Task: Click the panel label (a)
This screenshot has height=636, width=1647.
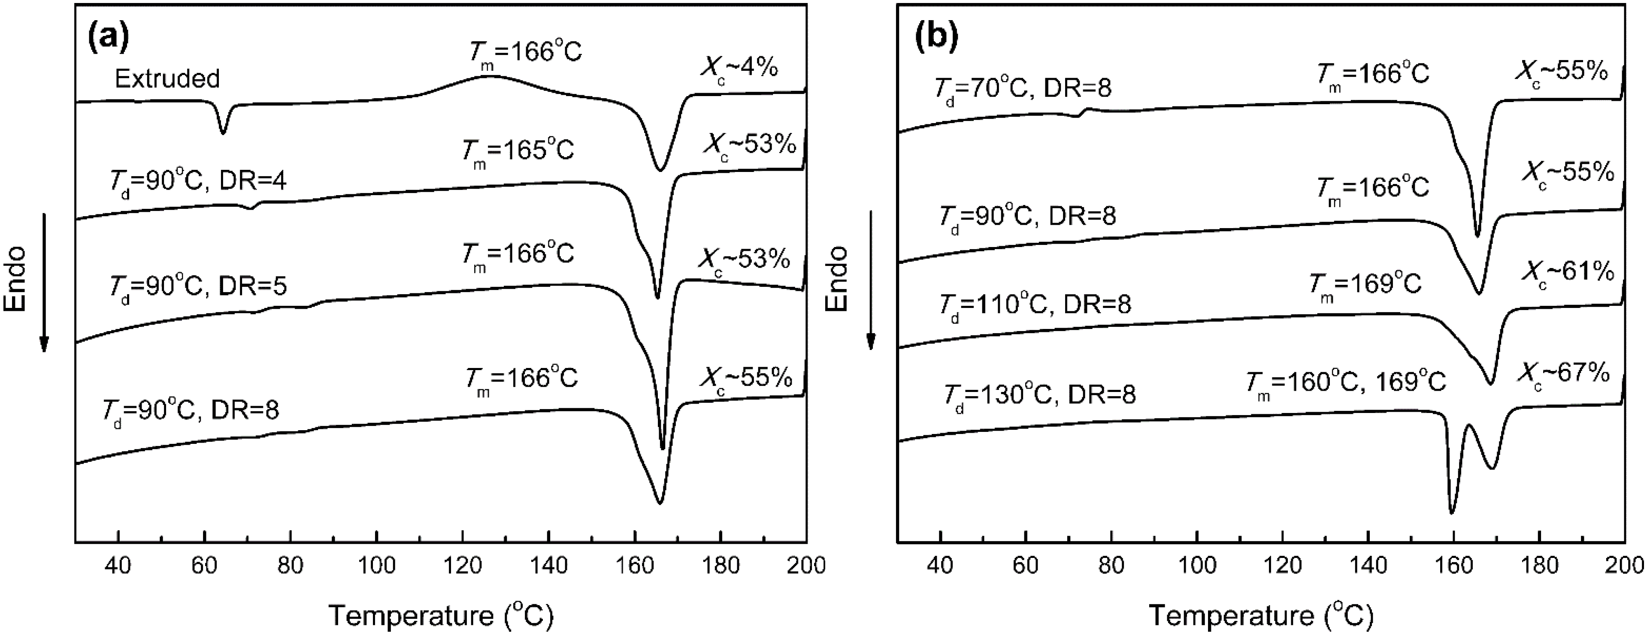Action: pyautogui.click(x=109, y=37)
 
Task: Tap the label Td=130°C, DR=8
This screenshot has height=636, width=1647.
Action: pyautogui.click(x=1040, y=395)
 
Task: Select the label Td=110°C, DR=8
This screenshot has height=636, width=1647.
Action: pyautogui.click(x=1035, y=304)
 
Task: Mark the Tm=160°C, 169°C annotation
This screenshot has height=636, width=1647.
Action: pyautogui.click(x=1345, y=382)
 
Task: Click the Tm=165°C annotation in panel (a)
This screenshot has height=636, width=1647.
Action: pyautogui.click(x=518, y=151)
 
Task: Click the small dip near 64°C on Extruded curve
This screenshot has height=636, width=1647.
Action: pyautogui.click(x=222, y=132)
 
